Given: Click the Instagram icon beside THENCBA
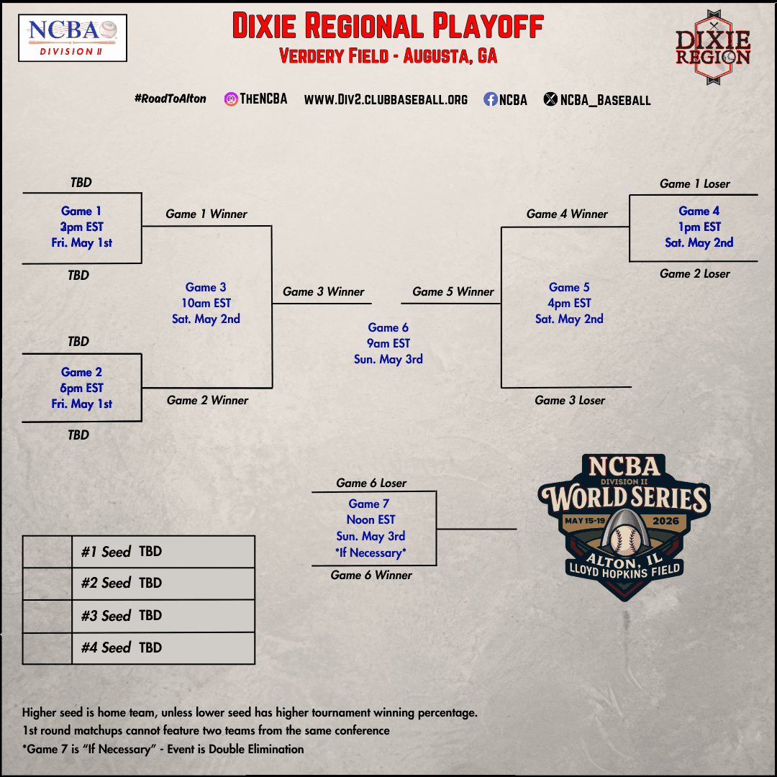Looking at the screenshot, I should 231,99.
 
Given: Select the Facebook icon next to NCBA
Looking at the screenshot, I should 490,100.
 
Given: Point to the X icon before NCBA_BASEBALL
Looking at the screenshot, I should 550,100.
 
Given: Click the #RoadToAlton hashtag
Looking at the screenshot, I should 170,99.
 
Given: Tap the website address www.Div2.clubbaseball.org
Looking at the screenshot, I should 386,100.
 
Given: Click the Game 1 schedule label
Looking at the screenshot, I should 81,227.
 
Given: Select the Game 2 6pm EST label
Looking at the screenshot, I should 81,388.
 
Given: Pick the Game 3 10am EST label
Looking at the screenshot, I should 206,303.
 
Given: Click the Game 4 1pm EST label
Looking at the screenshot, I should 699,227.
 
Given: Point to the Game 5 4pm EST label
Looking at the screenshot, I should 569,303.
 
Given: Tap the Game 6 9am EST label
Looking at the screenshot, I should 388,343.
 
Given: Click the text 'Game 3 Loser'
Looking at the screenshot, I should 570,400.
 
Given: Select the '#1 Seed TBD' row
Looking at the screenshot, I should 139,552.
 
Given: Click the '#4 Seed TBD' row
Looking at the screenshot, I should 139,647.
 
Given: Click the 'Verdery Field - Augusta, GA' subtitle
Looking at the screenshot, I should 388,56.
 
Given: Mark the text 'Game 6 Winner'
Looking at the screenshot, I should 371,575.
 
